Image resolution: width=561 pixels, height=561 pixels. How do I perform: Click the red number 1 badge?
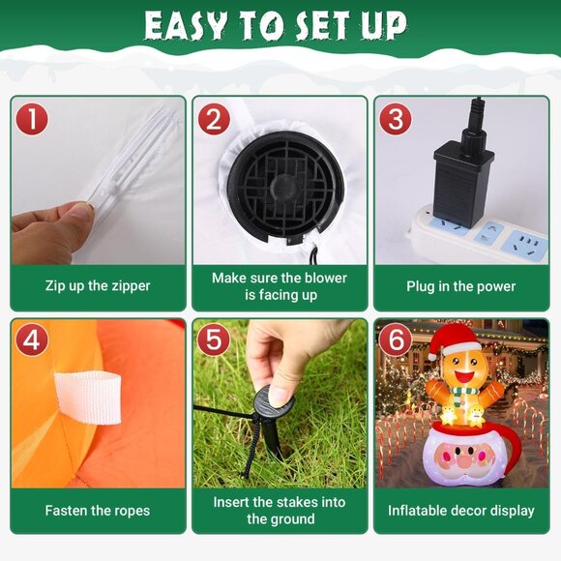click(x=32, y=119)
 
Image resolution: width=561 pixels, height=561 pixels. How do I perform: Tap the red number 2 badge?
click(x=214, y=119)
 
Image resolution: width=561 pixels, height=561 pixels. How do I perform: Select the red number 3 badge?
click(x=396, y=119)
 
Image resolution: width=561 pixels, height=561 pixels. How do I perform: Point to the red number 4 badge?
click(x=32, y=340)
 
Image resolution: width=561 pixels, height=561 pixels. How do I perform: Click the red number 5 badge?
click(x=214, y=340)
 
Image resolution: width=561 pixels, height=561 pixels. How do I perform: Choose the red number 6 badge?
click(x=396, y=340)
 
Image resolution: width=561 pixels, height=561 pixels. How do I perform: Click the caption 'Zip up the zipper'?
click(x=98, y=286)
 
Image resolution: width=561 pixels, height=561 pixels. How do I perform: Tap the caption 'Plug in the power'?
click(x=460, y=286)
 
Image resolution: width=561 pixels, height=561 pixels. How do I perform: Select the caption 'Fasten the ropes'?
click(x=98, y=511)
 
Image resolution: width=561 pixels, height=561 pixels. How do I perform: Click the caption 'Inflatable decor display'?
click(x=460, y=511)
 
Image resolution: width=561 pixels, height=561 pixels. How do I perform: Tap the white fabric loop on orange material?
click(x=88, y=398)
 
